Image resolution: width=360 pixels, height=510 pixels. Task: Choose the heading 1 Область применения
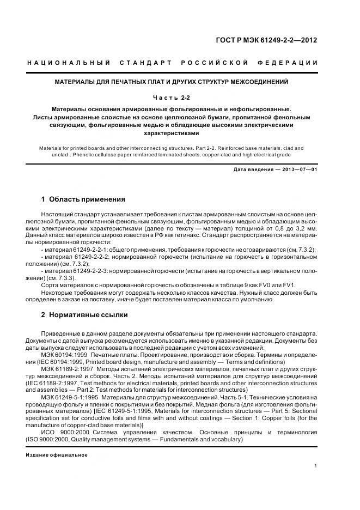click(83, 199)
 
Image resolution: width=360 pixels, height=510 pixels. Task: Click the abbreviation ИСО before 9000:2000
click(48, 432)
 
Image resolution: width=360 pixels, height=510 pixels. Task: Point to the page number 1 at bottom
click(316, 466)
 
